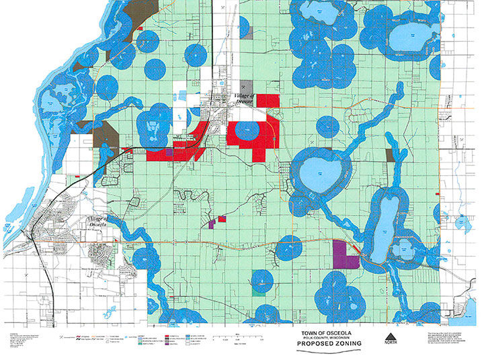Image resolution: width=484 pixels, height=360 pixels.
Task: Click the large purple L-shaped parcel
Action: pyautogui.click(x=344, y=255)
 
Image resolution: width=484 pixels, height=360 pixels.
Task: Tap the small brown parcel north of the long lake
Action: pyautogui.click(x=391, y=155)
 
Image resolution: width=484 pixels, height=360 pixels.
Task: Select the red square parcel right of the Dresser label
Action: pyautogui.click(x=268, y=101)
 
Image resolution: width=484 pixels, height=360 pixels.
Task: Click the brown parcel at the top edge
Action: pyautogui.click(x=142, y=11)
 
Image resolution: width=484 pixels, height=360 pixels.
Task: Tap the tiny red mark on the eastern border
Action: pyautogui.click(x=438, y=193)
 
